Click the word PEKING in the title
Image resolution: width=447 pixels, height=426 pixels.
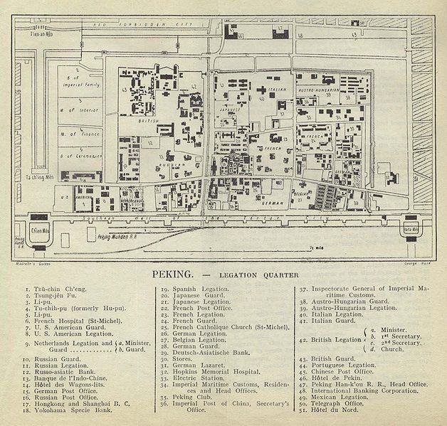tap(173, 273)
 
